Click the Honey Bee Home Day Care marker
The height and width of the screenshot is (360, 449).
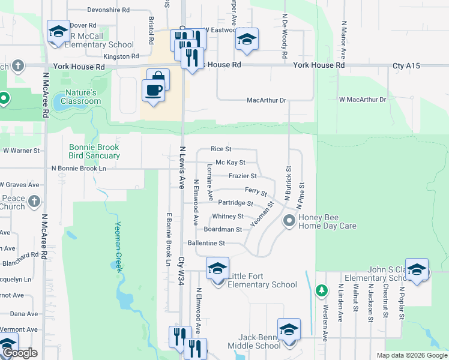pos(290,221)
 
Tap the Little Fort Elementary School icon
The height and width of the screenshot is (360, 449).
pos(217,268)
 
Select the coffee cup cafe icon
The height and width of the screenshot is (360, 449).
pos(154,90)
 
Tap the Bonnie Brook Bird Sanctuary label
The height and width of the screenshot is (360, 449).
pos(94,151)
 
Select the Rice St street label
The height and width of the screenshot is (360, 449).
pos(221,149)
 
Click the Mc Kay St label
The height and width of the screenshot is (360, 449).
pos(231,163)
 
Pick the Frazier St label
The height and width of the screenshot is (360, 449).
pos(243,176)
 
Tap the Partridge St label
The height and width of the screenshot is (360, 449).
pos(235,203)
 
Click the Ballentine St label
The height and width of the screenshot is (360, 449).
pos(206,243)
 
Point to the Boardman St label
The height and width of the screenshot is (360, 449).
pos(223,229)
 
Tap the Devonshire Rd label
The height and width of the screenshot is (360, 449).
pos(108,10)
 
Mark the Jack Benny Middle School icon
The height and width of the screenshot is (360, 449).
pos(289,329)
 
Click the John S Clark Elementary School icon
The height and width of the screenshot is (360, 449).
pos(417,269)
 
